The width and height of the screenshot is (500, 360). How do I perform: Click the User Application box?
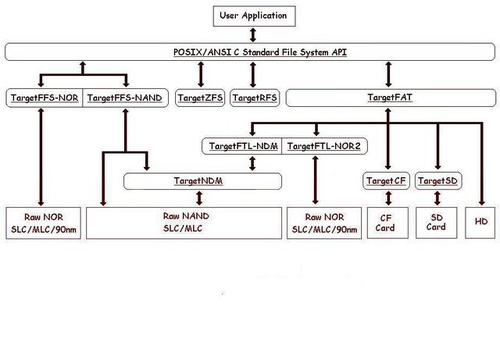pos(252,15)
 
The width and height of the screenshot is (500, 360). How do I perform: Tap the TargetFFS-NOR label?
pos(45,98)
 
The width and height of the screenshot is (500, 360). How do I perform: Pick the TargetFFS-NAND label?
pos(125,98)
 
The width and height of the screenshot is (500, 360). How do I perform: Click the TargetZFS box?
pos(201,98)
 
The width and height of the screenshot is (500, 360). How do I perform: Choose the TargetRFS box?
pos(254,98)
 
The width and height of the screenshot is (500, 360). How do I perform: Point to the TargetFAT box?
pos(390,98)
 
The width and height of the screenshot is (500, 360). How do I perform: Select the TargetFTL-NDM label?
pos(243,146)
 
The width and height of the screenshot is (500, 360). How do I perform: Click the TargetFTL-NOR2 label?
pos(322,146)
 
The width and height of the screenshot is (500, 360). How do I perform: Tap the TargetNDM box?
pos(203,181)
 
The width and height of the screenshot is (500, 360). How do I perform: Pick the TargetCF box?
pos(387,181)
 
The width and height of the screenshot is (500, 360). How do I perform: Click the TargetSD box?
pos(437,181)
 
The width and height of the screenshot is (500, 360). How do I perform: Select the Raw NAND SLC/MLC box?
pos(184,223)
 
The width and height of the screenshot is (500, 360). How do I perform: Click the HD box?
pos(480,223)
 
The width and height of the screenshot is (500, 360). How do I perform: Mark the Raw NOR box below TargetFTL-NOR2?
pos(323,223)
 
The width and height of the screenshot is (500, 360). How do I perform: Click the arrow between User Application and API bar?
pos(252,34)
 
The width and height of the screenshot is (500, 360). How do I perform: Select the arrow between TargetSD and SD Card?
pos(437,198)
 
